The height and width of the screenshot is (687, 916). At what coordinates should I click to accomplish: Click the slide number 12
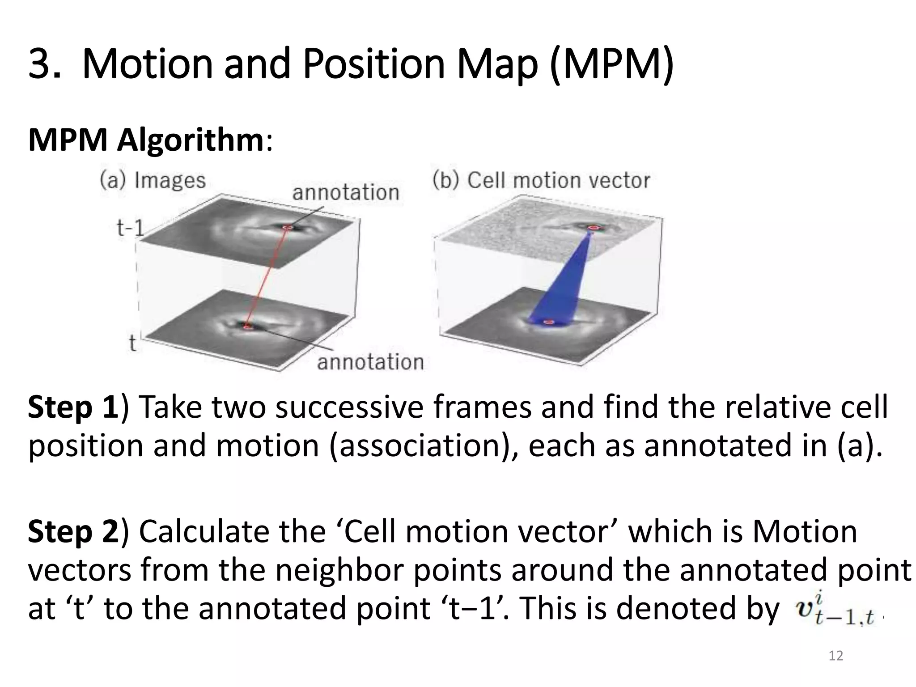point(835,656)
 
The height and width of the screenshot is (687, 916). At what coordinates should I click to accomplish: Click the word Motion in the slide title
point(148,65)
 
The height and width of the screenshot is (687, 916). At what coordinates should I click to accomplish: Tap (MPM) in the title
point(611,65)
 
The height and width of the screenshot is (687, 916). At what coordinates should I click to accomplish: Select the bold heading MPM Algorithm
point(146,140)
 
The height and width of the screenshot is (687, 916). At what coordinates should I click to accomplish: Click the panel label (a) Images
point(153,181)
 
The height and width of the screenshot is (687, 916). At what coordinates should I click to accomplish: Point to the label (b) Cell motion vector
point(541,181)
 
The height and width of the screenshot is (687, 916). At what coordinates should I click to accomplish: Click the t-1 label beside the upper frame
point(130,229)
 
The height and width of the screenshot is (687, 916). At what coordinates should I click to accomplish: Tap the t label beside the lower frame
point(132,343)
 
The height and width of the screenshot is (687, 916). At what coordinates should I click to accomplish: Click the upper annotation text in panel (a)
point(345,193)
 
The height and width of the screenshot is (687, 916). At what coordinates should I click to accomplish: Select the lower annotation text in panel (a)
point(370,362)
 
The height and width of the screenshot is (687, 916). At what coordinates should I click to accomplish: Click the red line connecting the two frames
point(267,277)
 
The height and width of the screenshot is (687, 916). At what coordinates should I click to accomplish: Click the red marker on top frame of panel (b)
point(593,228)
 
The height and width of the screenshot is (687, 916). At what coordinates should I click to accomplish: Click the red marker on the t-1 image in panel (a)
point(288,228)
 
